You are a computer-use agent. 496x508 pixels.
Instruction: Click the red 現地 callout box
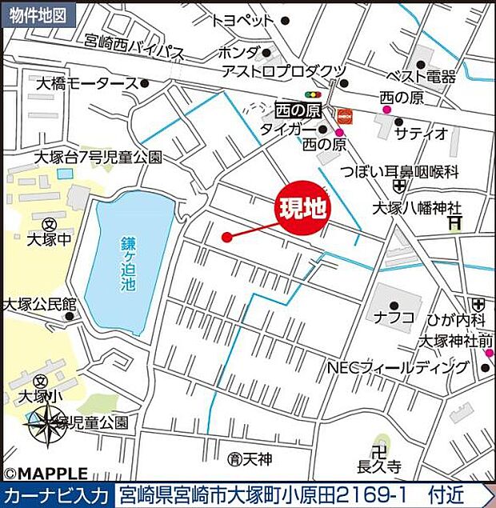(x=302, y=210)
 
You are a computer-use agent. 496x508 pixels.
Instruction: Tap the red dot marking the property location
(x=226, y=237)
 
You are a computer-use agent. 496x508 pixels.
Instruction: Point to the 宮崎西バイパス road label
(x=134, y=52)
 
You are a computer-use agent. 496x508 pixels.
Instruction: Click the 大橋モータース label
(x=86, y=82)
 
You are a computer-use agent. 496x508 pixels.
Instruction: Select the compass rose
(x=47, y=422)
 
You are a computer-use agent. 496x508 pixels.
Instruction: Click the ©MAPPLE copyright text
(x=46, y=474)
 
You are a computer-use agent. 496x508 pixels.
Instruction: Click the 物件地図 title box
(x=39, y=14)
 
